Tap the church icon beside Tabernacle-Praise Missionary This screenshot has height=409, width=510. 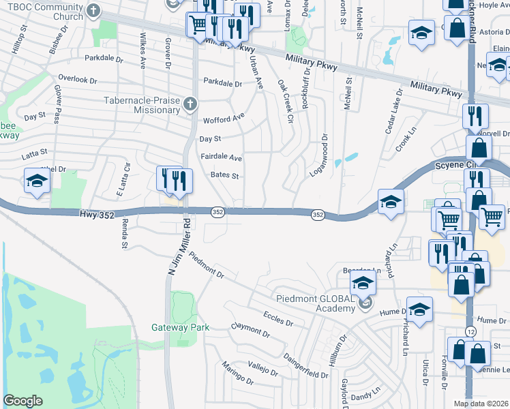point(190,104)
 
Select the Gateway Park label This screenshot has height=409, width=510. point(180,327)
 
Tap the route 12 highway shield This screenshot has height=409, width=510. point(470,331)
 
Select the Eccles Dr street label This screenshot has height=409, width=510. point(277,318)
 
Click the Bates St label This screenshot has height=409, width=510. point(224,175)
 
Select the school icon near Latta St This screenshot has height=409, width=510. point(36,181)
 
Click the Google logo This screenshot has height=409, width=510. point(22,401)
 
